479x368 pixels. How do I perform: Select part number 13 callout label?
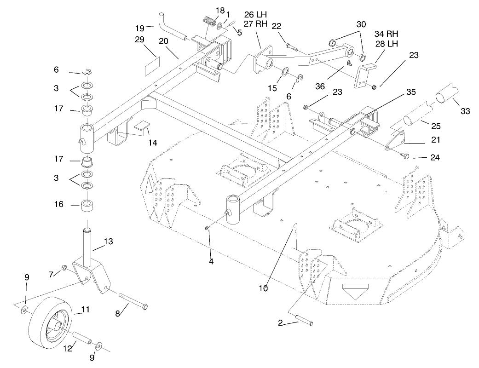[x=108, y=241]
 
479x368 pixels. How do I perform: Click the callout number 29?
[x=140, y=40]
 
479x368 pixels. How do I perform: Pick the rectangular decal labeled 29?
[x=152, y=66]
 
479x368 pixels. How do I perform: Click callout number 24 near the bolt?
[x=435, y=158]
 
